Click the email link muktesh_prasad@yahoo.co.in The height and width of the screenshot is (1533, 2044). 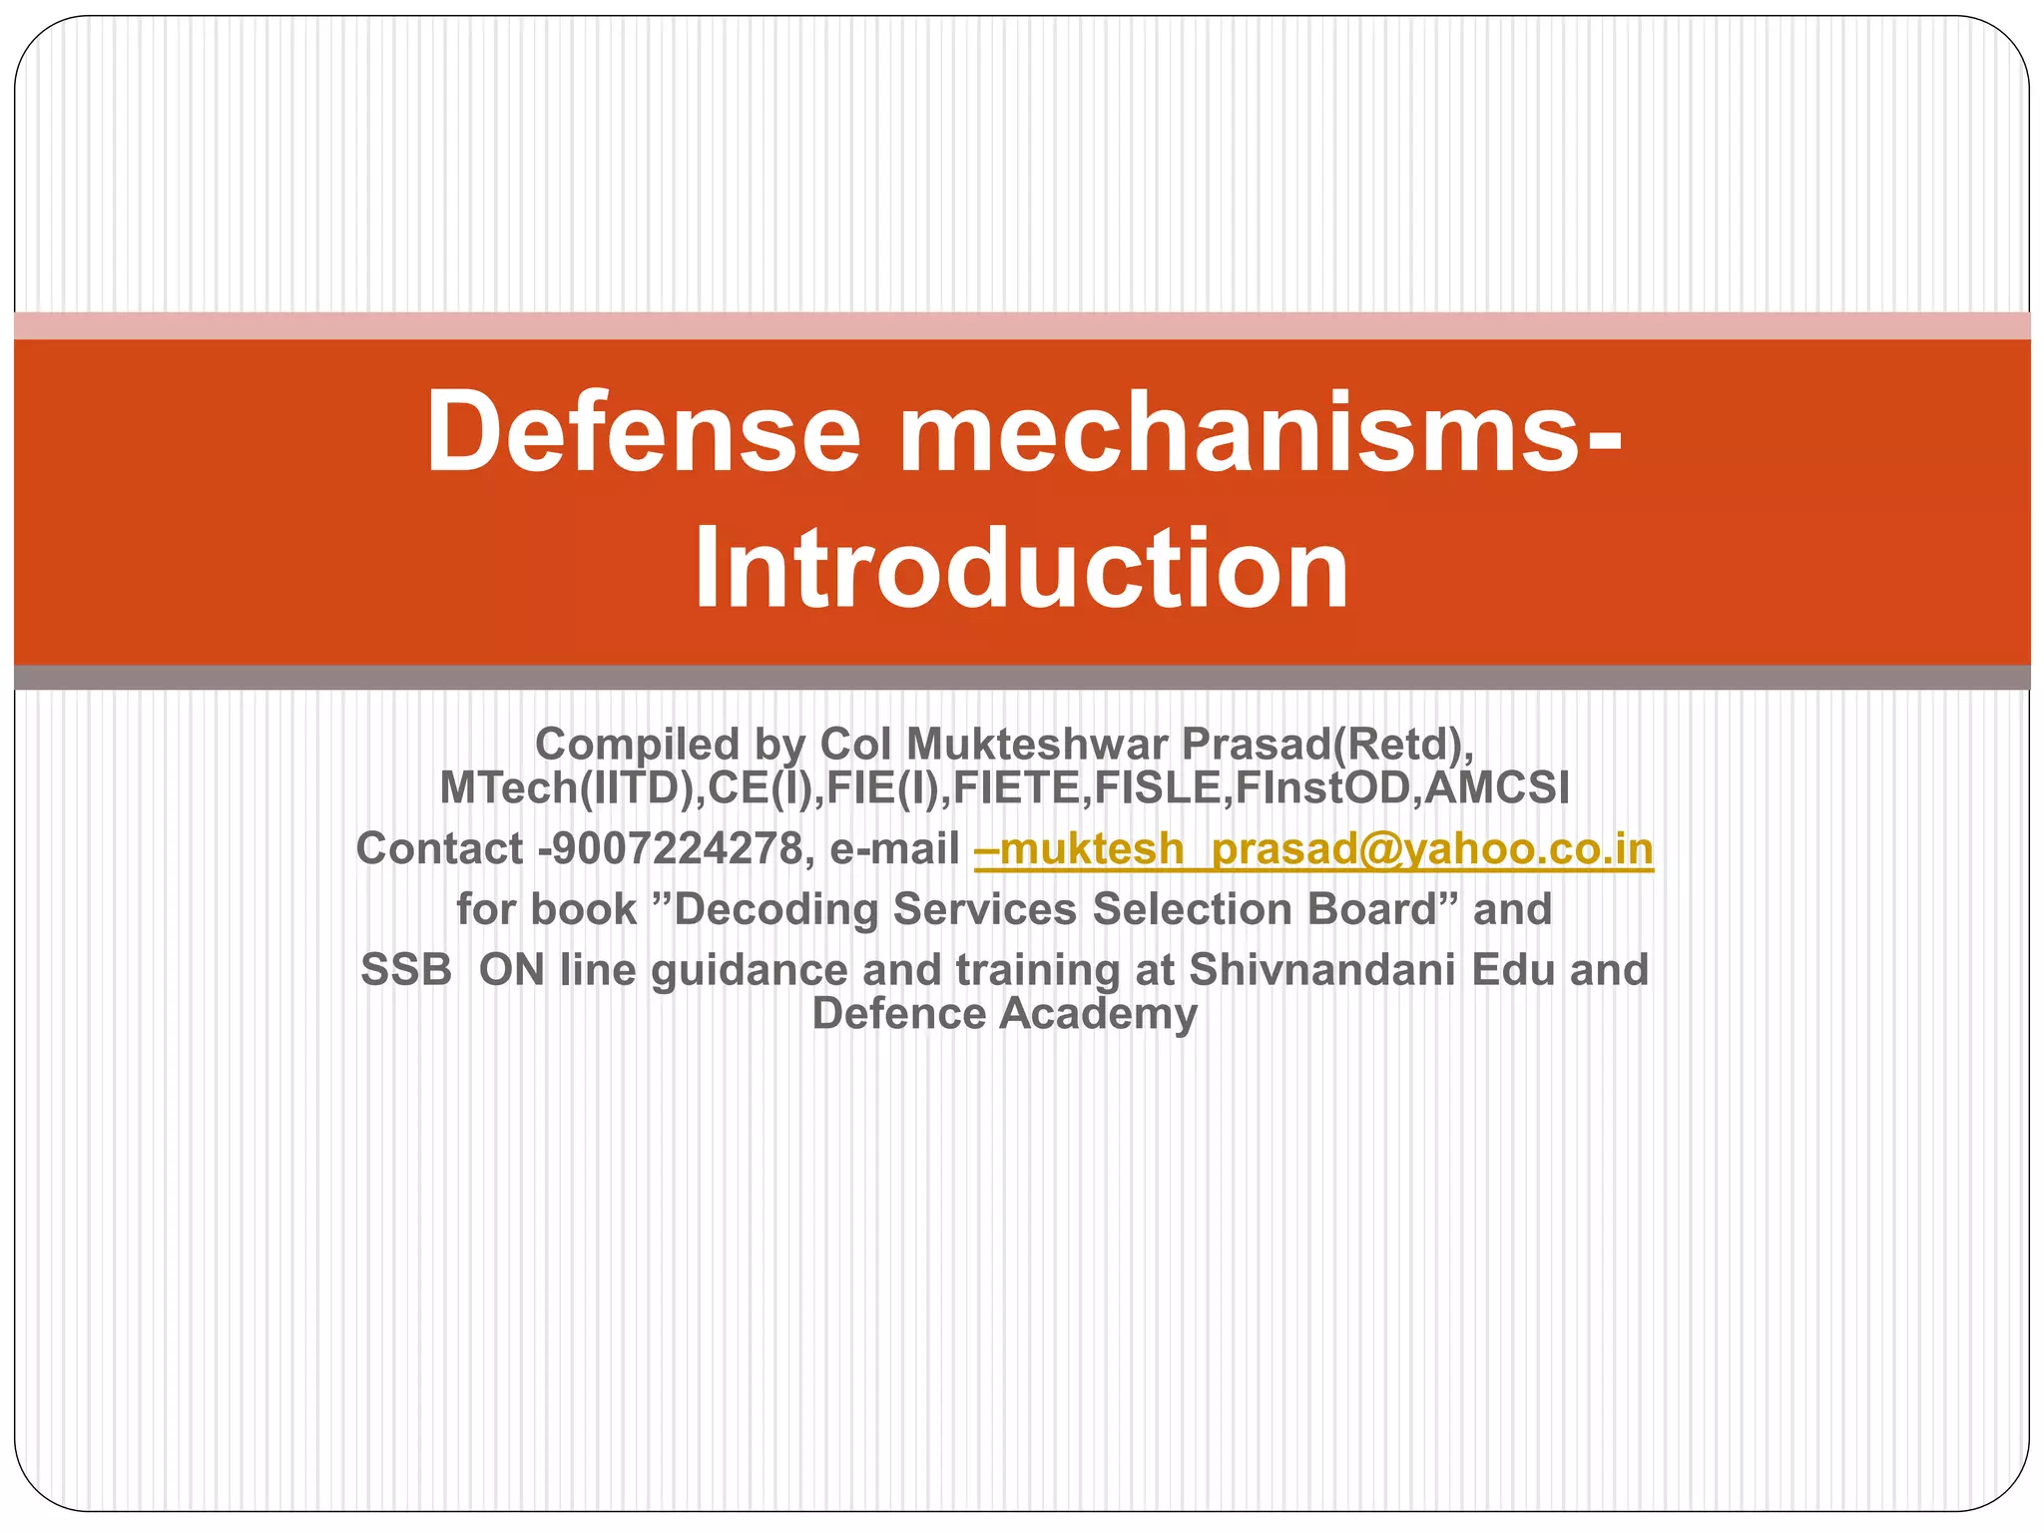[x=1313, y=849]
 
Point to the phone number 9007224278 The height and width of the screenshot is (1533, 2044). [x=677, y=849]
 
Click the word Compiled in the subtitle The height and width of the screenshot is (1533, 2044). [x=636, y=745]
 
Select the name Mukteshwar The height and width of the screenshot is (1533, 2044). [x=1036, y=745]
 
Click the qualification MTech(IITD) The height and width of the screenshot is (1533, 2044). [x=567, y=788]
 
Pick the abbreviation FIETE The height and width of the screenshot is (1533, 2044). [x=1017, y=788]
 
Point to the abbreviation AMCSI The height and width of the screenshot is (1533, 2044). [x=1496, y=788]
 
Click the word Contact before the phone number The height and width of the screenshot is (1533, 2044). [x=439, y=849]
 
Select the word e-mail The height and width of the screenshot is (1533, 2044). [x=894, y=849]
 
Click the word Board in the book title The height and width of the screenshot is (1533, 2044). [x=1371, y=909]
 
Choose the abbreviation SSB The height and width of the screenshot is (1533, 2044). [x=406, y=970]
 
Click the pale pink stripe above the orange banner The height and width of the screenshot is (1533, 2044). [x=1022, y=325]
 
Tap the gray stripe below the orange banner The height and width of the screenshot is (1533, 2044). [x=1022, y=678]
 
